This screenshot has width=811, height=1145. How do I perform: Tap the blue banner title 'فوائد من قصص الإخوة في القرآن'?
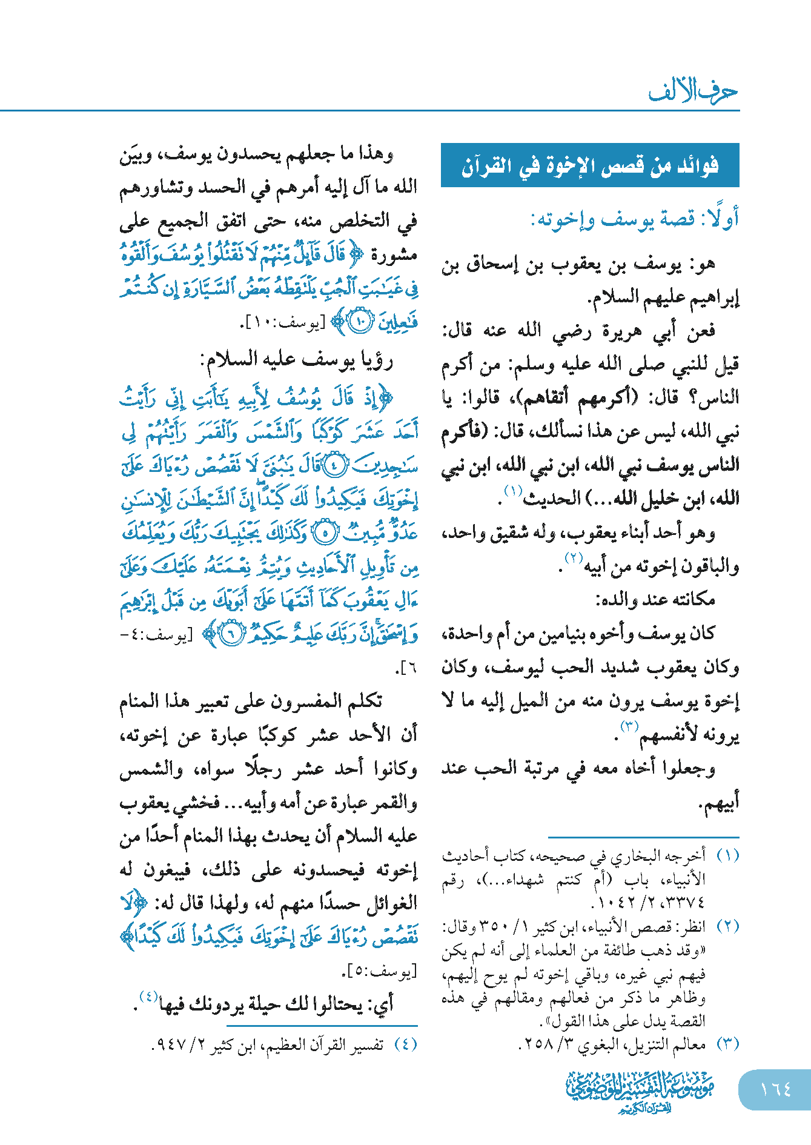(590, 165)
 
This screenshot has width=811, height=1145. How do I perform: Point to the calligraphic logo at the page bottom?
(641, 1091)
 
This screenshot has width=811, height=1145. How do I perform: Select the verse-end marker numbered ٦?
(231, 634)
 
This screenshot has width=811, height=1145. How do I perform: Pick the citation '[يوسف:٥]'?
(379, 972)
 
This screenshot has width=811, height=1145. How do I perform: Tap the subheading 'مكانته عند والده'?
(655, 600)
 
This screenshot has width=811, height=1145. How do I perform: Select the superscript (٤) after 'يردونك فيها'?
(149, 996)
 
